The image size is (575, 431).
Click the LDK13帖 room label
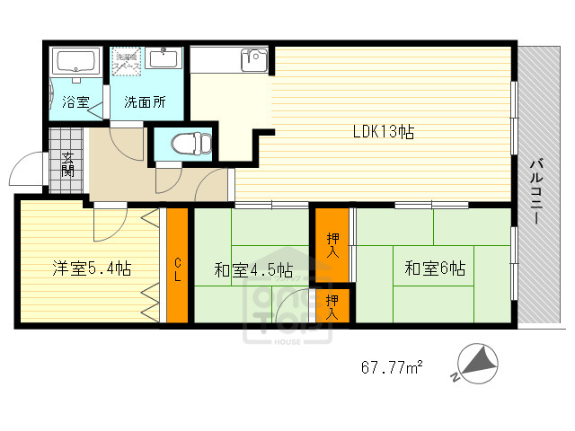[383, 131]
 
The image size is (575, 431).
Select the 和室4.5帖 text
[252, 269]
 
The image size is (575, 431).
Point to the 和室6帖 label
[435, 268]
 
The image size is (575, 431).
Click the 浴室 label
[75, 101]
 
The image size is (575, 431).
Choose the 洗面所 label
[145, 101]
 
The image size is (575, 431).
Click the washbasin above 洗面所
[164, 59]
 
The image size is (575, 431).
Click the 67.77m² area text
[393, 367]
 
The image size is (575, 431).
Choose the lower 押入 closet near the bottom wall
[332, 307]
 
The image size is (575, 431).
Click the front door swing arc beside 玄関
[29, 171]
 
